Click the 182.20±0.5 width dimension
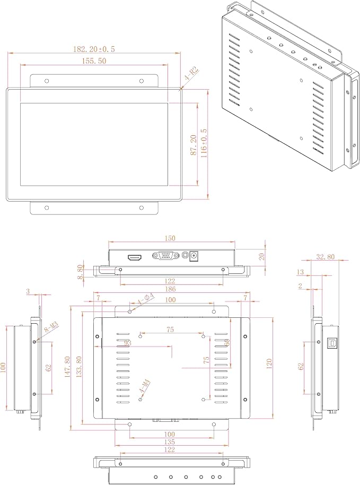point(94,49)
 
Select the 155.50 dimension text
point(94,61)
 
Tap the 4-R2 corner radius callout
point(191,74)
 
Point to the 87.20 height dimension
point(194,145)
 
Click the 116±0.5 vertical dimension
point(204,143)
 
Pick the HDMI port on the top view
point(135,257)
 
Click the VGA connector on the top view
point(165,256)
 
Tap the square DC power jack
point(194,256)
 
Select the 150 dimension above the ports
point(170,238)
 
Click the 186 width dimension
point(170,289)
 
